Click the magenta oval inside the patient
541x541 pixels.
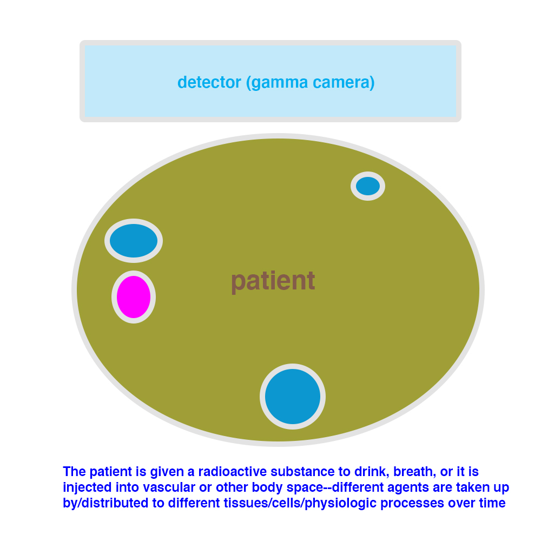click(134, 296)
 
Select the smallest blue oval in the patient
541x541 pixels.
click(368, 186)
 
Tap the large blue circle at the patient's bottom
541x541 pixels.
click(293, 397)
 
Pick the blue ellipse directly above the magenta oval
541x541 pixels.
click(134, 241)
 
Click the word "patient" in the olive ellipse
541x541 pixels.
click(273, 281)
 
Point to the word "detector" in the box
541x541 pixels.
click(209, 82)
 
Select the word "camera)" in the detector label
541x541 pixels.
click(344, 83)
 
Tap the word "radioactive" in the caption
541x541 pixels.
click(232, 471)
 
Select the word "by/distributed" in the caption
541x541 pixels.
click(106, 503)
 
